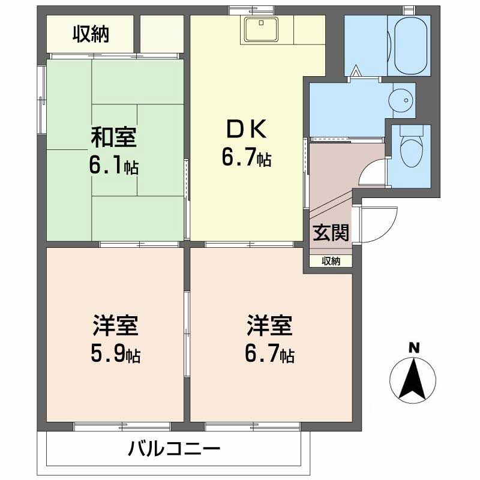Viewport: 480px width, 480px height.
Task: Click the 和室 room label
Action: [114, 137]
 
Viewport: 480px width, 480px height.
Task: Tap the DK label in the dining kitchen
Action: [245, 129]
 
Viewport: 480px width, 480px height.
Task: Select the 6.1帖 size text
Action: [114, 166]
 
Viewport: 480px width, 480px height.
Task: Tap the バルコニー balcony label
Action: [174, 448]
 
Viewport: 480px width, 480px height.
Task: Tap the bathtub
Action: [408, 44]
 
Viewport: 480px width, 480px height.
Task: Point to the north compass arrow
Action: [413, 378]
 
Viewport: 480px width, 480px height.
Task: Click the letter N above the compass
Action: [413, 347]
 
